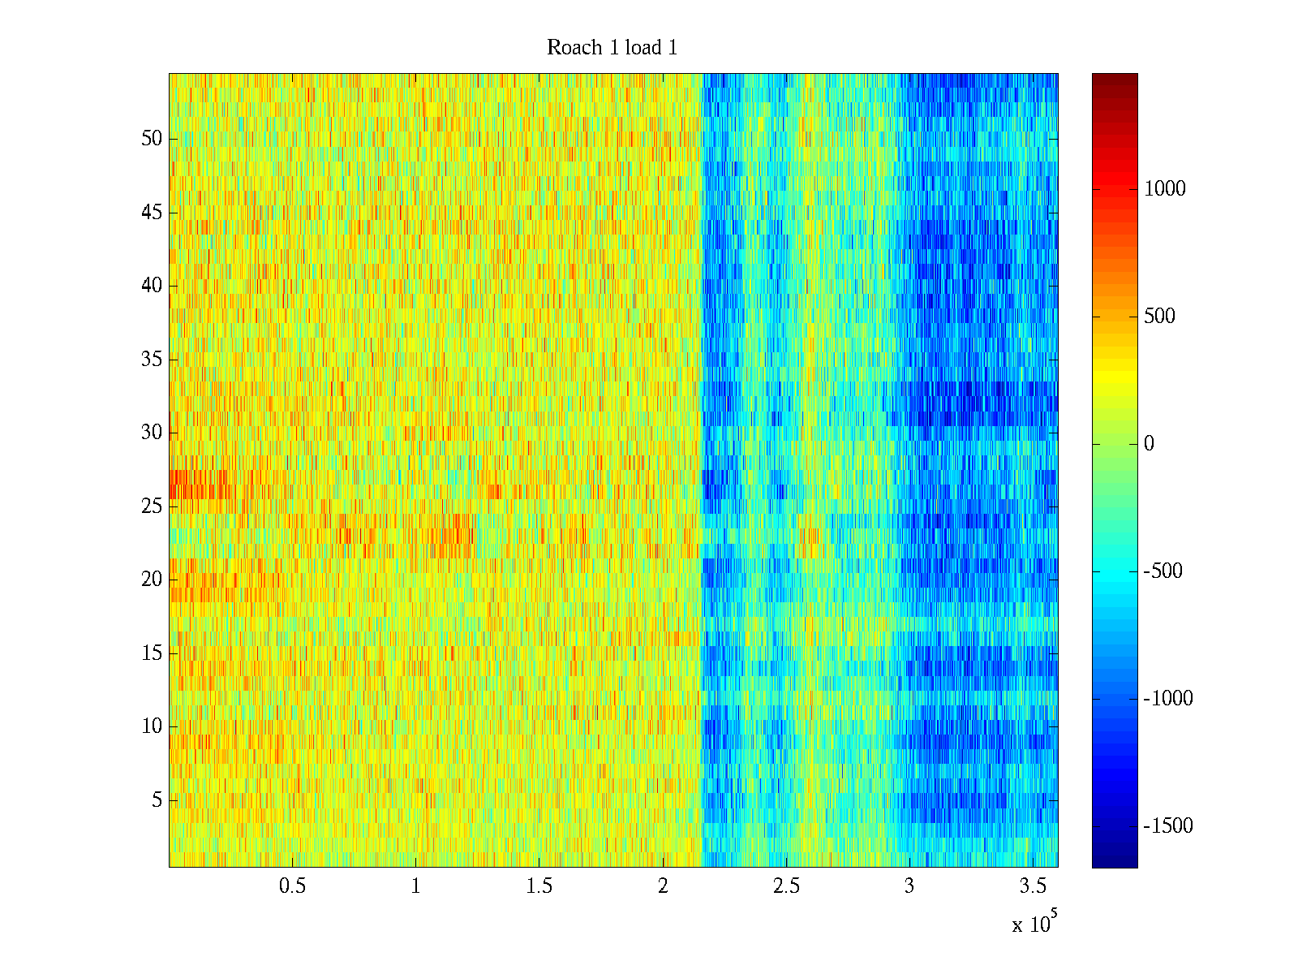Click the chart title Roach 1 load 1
pos(612,47)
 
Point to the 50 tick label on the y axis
pos(152,138)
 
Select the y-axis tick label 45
pos(152,213)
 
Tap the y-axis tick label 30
pos(152,433)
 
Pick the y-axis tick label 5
pos(157,800)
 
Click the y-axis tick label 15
pos(152,653)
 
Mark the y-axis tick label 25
pos(152,506)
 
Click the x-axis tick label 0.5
pos(292,886)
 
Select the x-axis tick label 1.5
pos(539,886)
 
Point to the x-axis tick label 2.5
pos(786,886)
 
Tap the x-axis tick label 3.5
pos(1033,886)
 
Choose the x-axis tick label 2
pos(663,886)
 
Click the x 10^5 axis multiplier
pos(1034,922)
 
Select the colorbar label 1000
pos(1164,188)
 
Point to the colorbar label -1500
pos(1168,825)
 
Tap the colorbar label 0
pos(1149,443)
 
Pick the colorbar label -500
pos(1163,571)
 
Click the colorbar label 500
pos(1159,316)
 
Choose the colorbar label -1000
pos(1168,698)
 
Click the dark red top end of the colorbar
pos(1114,77)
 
